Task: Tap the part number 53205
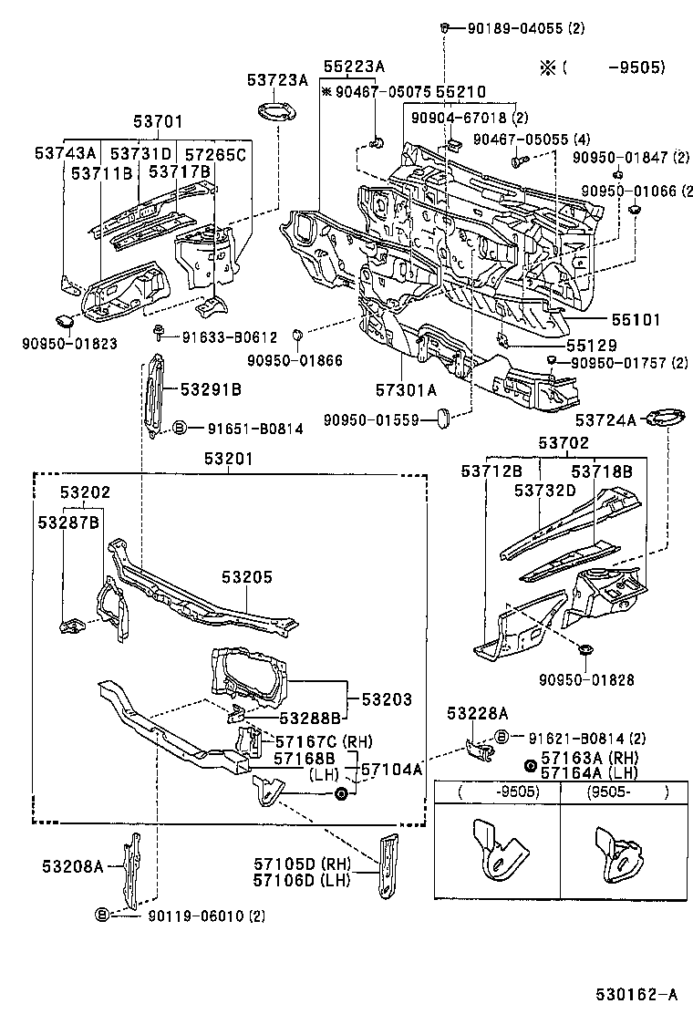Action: tap(246, 578)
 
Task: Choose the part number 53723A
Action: tap(277, 80)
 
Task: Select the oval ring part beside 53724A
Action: tap(665, 419)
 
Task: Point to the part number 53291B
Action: tap(211, 389)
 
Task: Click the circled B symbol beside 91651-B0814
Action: tap(180, 427)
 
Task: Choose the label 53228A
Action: tap(477, 712)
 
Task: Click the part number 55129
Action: tap(591, 346)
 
